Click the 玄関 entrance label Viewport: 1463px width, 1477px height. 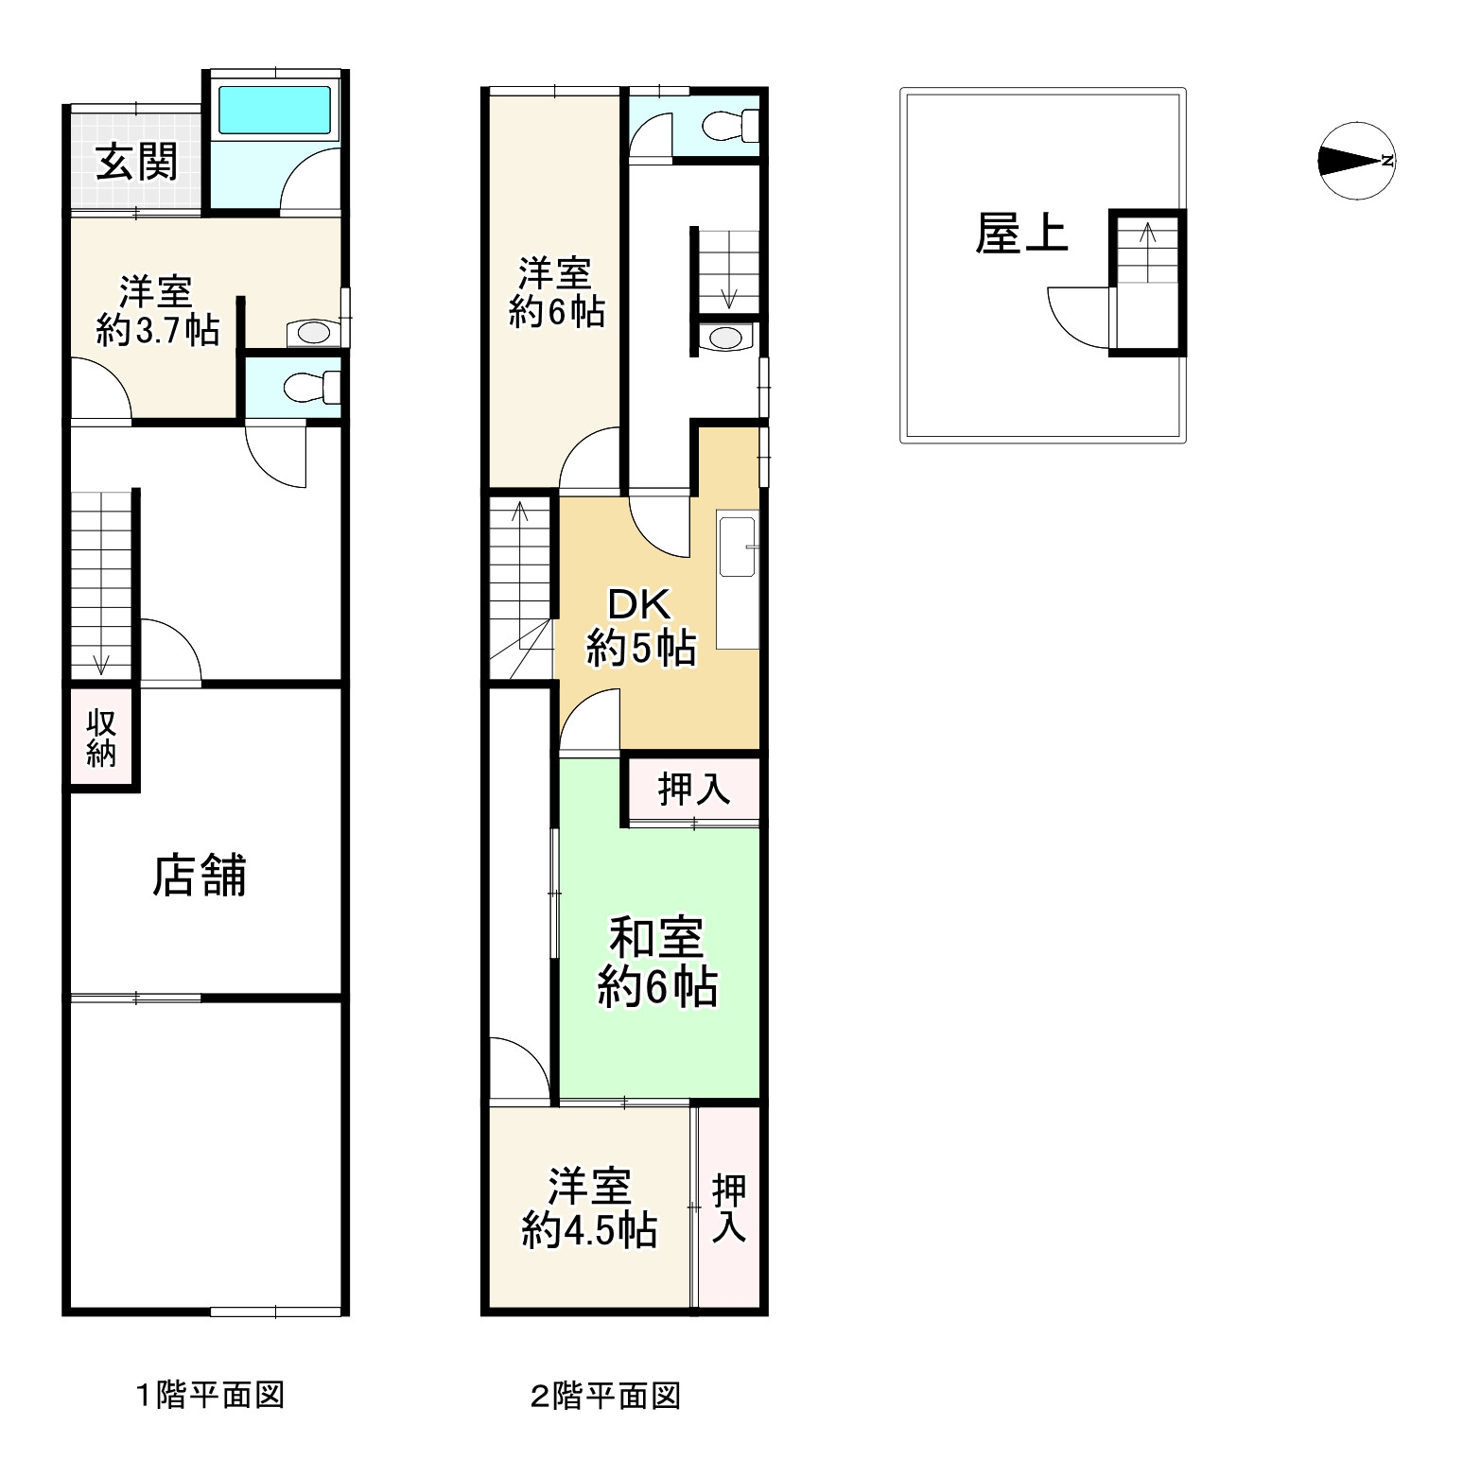pos(137,163)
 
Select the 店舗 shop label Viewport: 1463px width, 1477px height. pos(200,875)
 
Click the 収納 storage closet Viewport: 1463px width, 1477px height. pos(102,738)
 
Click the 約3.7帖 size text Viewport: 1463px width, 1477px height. pos(158,331)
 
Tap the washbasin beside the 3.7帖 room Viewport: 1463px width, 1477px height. pos(310,333)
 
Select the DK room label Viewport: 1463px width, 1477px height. pos(639,604)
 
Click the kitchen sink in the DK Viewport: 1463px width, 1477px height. pos(738,546)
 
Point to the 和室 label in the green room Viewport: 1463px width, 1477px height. pos(656,939)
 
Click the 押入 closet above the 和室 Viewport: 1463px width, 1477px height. pos(694,789)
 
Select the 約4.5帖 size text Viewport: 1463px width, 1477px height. pos(590,1231)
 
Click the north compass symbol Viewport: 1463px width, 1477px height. pos(1355,161)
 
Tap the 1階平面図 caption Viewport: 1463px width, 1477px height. pos(210,1395)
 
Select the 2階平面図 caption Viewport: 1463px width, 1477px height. pos(606,1396)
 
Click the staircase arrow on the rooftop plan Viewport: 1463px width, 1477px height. pos(1148,251)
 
